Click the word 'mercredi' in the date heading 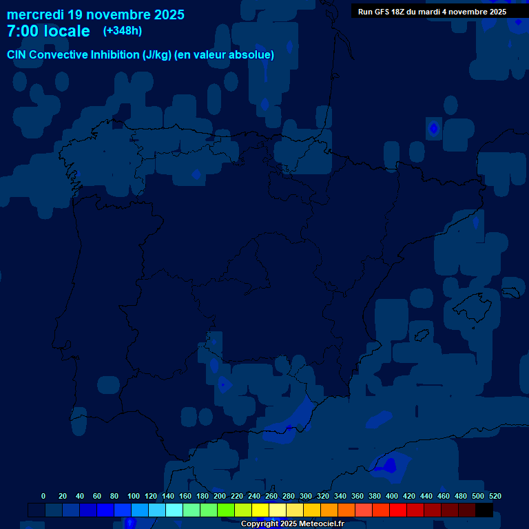(x=35, y=14)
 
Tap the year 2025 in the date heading (x=166, y=14)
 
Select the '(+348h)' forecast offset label (x=122, y=31)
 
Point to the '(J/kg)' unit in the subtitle (x=157, y=54)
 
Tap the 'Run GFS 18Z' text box (x=432, y=12)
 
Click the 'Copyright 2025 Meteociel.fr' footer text (x=292, y=524)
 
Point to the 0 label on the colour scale (x=43, y=496)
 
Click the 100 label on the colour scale (x=134, y=496)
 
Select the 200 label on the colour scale (x=220, y=496)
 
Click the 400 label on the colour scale (x=392, y=496)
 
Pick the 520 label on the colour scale (x=495, y=496)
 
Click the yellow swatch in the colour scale (x=260, y=510)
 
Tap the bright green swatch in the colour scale (x=226, y=510)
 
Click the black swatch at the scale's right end (x=484, y=510)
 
